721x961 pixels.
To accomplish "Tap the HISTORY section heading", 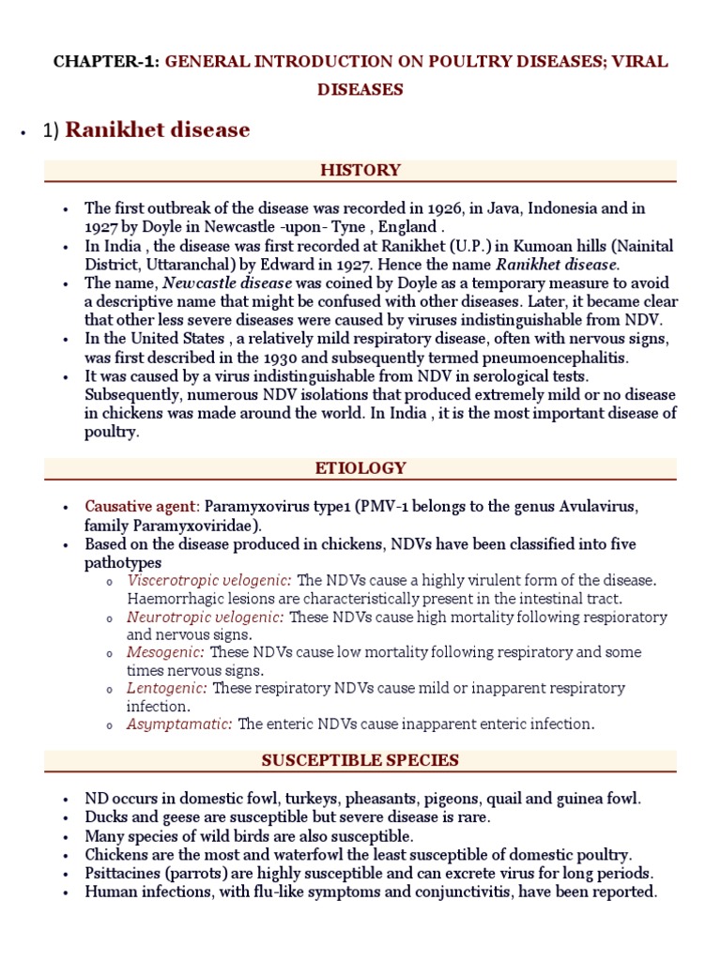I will (x=360, y=170).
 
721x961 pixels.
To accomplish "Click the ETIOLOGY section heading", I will (x=360, y=467).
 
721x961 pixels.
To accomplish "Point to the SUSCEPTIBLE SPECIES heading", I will (x=360, y=760).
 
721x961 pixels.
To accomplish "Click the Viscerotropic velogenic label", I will (x=209, y=580).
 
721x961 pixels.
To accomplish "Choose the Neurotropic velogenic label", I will (x=206, y=617).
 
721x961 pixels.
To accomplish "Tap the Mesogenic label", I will (x=165, y=651).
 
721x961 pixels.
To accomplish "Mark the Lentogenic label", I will (x=167, y=688).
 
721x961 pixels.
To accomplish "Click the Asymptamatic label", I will (x=179, y=724).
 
